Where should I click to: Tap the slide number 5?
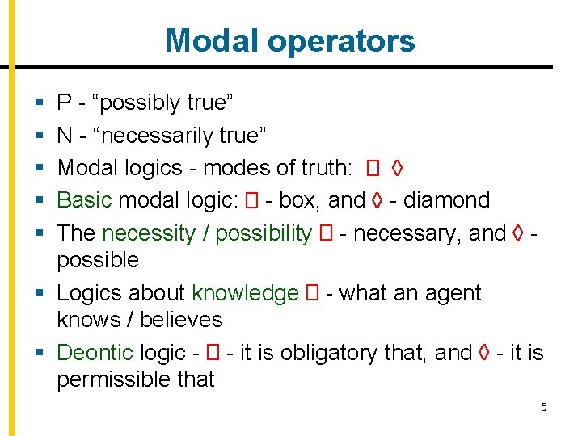544,407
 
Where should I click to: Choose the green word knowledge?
245,293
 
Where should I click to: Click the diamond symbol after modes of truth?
397,168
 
